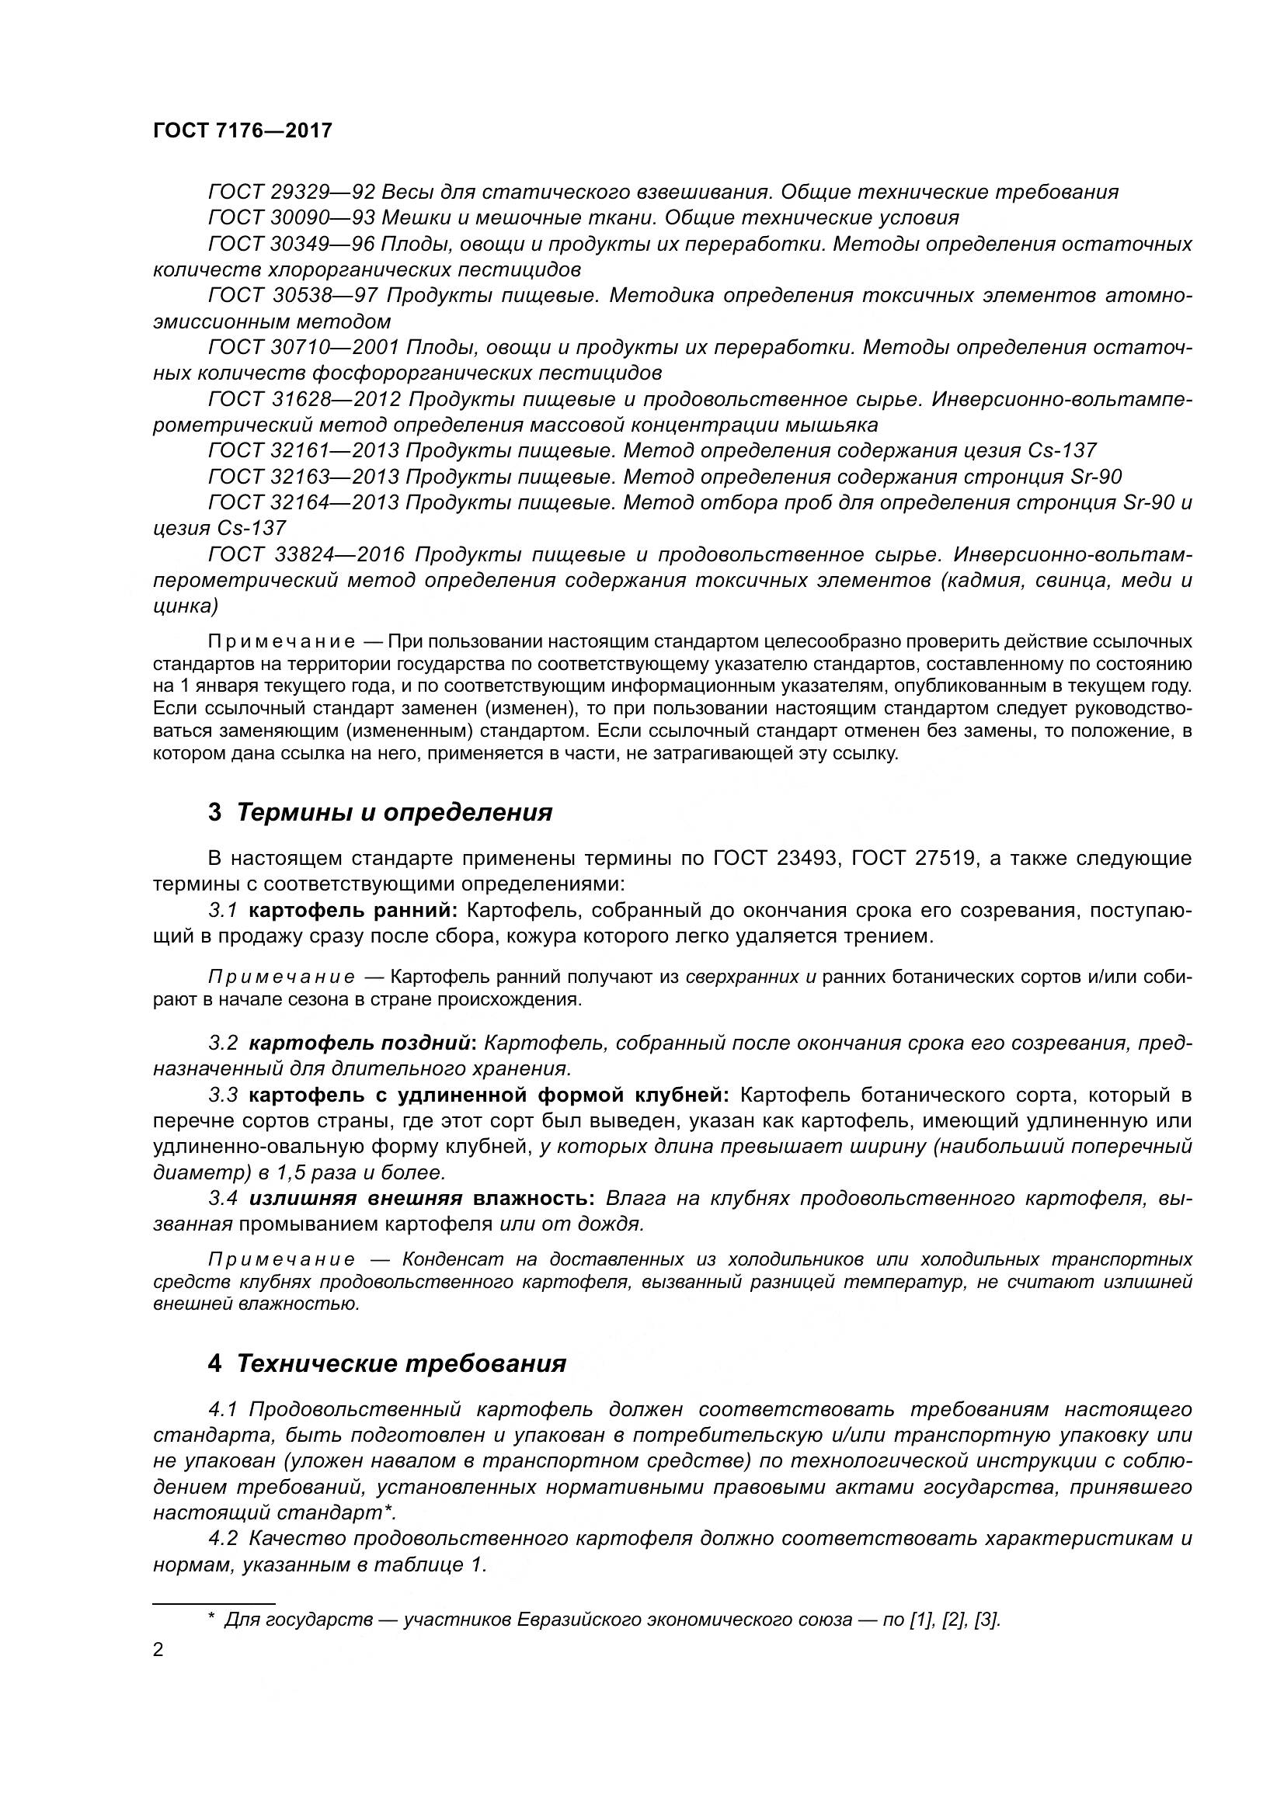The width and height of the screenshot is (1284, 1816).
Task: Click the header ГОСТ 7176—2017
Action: pos(242,130)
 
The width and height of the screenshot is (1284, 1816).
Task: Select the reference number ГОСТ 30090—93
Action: pos(291,218)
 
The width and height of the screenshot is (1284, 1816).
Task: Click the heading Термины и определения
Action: pos(394,812)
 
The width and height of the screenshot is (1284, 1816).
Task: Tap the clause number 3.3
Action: pos(223,1096)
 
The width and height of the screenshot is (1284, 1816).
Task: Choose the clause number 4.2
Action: pos(223,1538)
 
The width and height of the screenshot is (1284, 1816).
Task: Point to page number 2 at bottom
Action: pos(158,1651)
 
